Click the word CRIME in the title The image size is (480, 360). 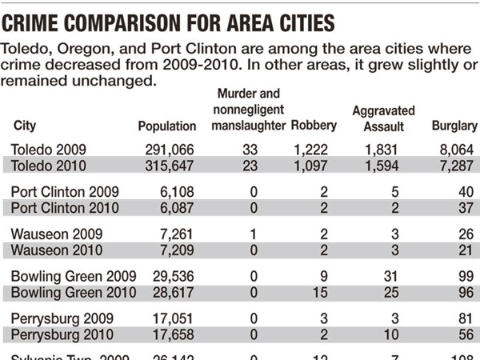click(33, 17)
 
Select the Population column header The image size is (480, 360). click(166, 126)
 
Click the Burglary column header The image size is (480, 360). click(454, 126)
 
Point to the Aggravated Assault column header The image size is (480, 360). click(383, 118)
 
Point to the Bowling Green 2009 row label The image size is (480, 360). click(69, 278)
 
